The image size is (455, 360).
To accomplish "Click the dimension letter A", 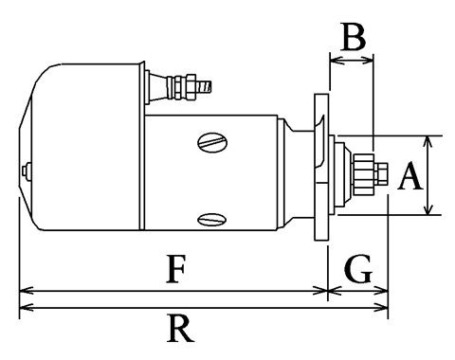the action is [x=410, y=175].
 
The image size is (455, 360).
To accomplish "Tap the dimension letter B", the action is [x=354, y=36].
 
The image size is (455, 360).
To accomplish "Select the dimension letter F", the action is [x=175, y=269].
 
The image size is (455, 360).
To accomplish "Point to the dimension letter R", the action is [x=180, y=328].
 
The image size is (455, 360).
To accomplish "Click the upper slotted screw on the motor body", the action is [x=212, y=142].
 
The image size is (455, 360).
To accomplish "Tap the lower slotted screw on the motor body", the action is [x=212, y=219].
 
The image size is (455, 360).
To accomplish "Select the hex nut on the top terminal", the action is [x=191, y=87].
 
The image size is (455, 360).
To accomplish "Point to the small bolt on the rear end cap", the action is [x=27, y=171].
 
